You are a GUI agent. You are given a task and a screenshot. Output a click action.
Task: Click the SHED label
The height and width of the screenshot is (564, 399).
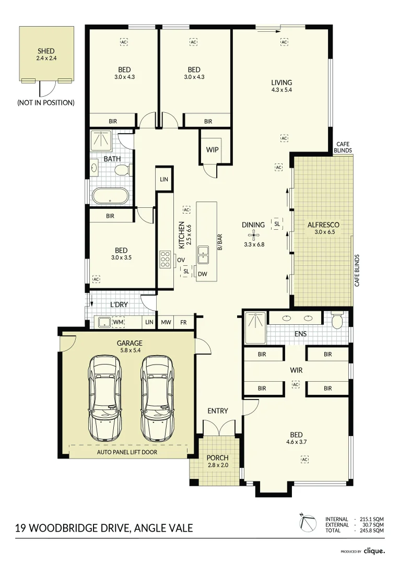point(46,51)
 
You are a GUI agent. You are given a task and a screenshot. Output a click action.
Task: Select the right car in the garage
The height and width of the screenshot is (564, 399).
point(157,398)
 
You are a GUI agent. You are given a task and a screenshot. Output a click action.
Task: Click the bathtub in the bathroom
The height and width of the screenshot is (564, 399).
point(110,196)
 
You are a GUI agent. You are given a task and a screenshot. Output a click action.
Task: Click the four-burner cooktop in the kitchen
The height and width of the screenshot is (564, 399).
point(166,260)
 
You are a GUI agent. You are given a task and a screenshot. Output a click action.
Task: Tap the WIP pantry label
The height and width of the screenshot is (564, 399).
point(212,150)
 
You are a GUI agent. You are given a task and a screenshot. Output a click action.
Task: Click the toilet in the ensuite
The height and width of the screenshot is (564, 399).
point(337,320)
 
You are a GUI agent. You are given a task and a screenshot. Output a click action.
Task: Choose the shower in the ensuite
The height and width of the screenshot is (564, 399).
point(255,328)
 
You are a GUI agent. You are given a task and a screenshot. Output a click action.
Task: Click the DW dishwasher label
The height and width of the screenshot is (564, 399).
point(203,274)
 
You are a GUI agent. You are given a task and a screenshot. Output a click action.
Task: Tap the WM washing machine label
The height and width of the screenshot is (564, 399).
point(119,323)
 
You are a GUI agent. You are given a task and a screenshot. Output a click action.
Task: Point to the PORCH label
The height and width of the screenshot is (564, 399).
point(218,458)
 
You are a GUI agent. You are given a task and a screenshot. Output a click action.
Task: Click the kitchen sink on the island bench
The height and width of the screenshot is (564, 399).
point(203,256)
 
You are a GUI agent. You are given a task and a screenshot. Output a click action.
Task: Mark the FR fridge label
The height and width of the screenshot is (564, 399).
point(183,323)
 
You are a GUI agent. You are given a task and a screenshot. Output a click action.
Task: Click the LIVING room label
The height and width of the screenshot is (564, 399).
point(281,83)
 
